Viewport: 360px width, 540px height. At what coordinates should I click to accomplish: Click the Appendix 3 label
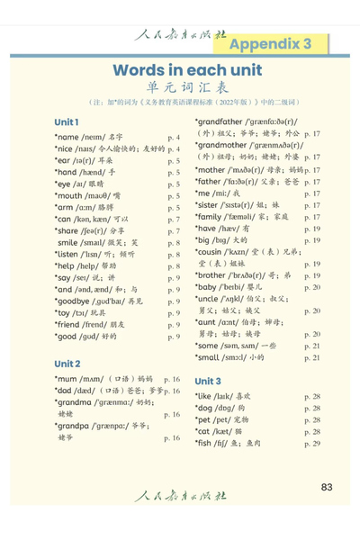coord(271,44)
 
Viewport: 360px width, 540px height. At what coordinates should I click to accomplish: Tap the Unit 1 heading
coord(67,122)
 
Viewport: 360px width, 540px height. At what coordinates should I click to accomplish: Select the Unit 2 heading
coord(67,364)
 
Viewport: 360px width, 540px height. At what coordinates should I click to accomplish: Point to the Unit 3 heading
coord(208,381)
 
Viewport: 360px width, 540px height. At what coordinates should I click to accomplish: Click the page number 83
coord(327,487)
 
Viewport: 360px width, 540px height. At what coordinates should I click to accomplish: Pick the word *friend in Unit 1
coord(73,322)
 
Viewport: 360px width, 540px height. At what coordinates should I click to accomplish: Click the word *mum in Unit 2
coord(69,381)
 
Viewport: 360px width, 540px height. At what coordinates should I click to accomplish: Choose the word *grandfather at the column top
coord(225,121)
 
